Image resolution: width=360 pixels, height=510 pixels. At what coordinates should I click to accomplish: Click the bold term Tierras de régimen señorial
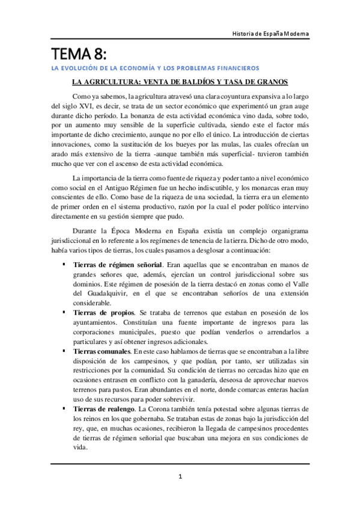coord(117,265)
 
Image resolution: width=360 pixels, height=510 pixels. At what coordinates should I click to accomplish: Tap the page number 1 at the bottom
coord(180,477)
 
